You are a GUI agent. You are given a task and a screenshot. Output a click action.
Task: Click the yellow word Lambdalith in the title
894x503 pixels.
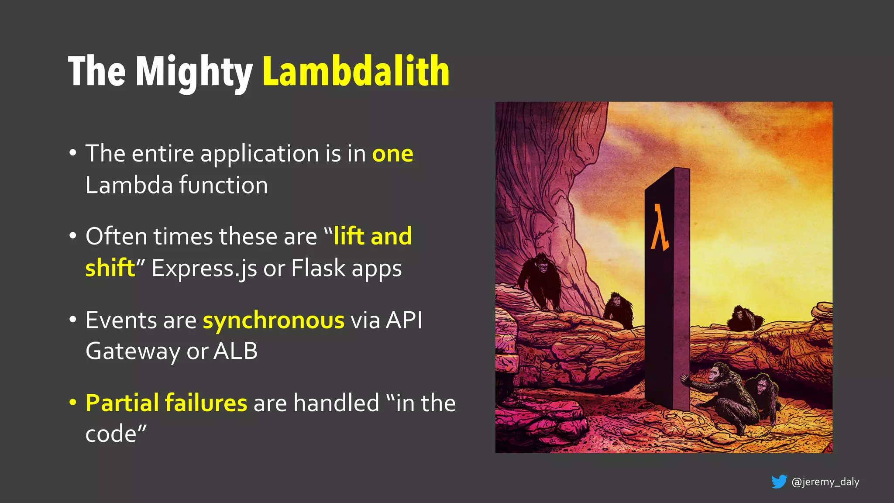point(356,71)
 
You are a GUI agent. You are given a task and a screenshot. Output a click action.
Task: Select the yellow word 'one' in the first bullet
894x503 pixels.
point(392,154)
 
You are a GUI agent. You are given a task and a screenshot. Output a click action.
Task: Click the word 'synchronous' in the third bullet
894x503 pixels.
point(274,320)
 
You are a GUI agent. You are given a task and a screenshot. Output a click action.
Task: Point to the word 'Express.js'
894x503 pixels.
point(204,268)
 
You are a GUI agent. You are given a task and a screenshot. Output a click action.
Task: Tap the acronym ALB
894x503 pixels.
point(235,351)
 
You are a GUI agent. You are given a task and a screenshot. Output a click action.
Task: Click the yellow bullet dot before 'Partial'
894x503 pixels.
point(73,402)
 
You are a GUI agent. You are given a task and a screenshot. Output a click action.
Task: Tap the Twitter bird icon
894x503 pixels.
point(779,482)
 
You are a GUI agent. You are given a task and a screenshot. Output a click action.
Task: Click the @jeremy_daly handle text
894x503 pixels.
point(825,482)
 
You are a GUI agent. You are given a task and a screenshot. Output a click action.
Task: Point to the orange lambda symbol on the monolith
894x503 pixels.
point(660,227)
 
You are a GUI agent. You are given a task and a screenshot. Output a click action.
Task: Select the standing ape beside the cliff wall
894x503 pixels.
point(541,282)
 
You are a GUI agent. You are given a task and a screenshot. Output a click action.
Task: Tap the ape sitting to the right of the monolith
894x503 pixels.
point(744,319)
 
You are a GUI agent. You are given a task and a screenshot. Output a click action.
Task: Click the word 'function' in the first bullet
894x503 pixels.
point(223,185)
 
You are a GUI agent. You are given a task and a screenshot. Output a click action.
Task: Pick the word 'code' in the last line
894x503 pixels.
point(111,434)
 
